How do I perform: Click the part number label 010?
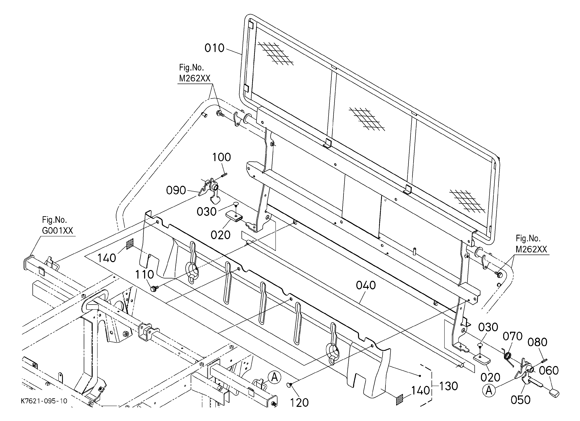coord(214,48)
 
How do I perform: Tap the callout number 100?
coord(221,157)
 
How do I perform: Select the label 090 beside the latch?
coord(176,190)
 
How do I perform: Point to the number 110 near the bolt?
coord(144,275)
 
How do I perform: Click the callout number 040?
coord(366,285)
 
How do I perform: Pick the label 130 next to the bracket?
coord(448,386)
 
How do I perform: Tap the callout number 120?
coord(299,403)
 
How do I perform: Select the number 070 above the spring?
coord(513,336)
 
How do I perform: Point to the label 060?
coord(549,371)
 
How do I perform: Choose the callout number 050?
coord(520,400)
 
